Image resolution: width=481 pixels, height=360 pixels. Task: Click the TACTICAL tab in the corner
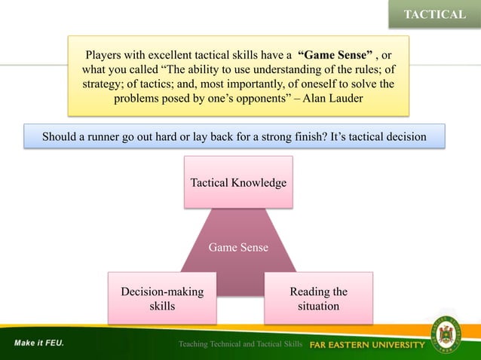434,14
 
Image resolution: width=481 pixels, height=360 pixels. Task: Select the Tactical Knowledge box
238,182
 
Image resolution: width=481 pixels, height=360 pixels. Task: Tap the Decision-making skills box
162,298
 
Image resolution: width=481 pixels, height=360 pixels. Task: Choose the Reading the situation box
318,298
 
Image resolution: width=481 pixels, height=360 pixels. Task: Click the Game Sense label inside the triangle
238,247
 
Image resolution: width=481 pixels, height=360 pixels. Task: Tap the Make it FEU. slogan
38,343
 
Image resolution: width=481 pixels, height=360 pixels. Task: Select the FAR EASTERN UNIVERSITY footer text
368,345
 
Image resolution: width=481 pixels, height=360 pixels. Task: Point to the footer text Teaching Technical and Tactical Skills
240,345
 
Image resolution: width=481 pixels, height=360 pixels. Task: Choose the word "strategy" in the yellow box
105,84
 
